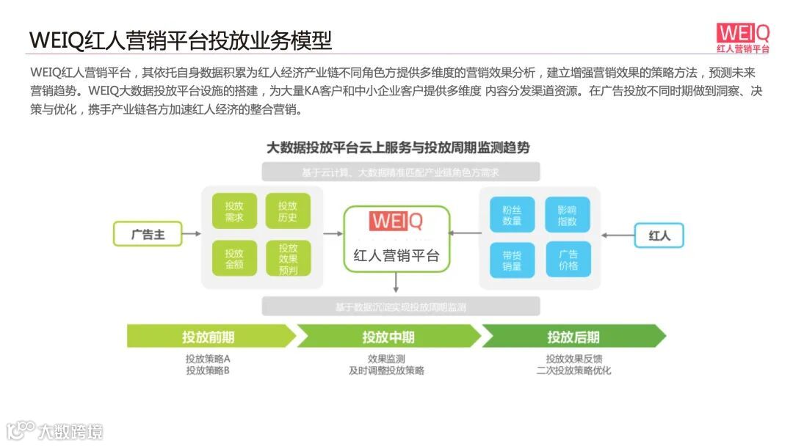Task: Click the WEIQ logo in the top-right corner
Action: pyautogui.click(x=743, y=38)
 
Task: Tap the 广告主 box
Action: pyautogui.click(x=147, y=235)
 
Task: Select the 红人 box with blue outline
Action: pyautogui.click(x=659, y=235)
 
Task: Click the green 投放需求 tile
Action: pyautogui.click(x=234, y=211)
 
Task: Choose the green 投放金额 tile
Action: pyautogui.click(x=234, y=258)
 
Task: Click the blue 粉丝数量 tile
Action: pyautogui.click(x=512, y=214)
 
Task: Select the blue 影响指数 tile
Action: pyautogui.click(x=567, y=214)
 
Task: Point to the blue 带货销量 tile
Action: pyautogui.click(x=512, y=260)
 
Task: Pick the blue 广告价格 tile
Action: pyautogui.click(x=567, y=260)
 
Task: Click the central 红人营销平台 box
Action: pyautogui.click(x=396, y=239)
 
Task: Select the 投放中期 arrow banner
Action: pyautogui.click(x=388, y=337)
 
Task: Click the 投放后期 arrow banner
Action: pyautogui.click(x=573, y=337)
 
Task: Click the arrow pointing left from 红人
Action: pyautogui.click(x=617, y=235)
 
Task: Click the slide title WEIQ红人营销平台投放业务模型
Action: pyautogui.click(x=181, y=40)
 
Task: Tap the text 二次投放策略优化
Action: pyautogui.click(x=573, y=370)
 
